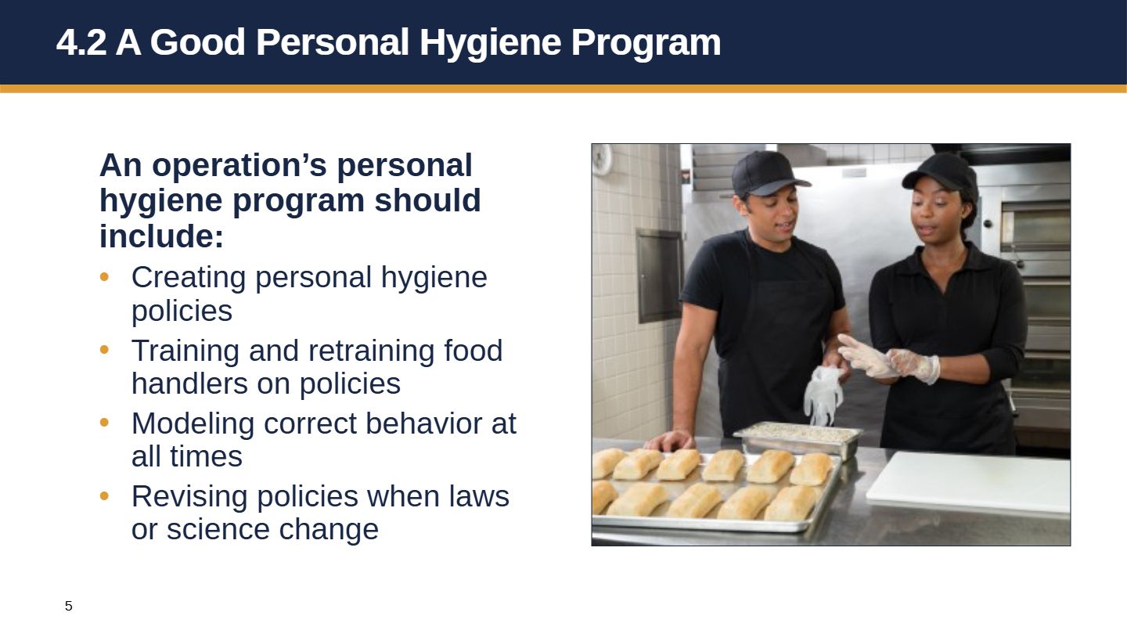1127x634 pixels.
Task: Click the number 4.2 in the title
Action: point(81,42)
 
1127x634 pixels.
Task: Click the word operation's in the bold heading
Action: point(239,166)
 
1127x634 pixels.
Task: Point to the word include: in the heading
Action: point(161,236)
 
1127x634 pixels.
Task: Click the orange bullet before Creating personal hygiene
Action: point(105,277)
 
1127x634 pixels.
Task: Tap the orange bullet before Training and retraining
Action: point(105,349)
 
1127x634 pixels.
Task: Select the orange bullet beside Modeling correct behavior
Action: point(105,422)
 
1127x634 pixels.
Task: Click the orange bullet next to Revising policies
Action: point(105,495)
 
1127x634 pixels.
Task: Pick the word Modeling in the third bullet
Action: point(193,424)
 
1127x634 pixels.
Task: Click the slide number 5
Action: point(68,606)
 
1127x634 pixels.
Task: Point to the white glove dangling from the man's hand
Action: point(822,395)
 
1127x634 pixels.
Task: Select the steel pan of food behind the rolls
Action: point(798,438)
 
